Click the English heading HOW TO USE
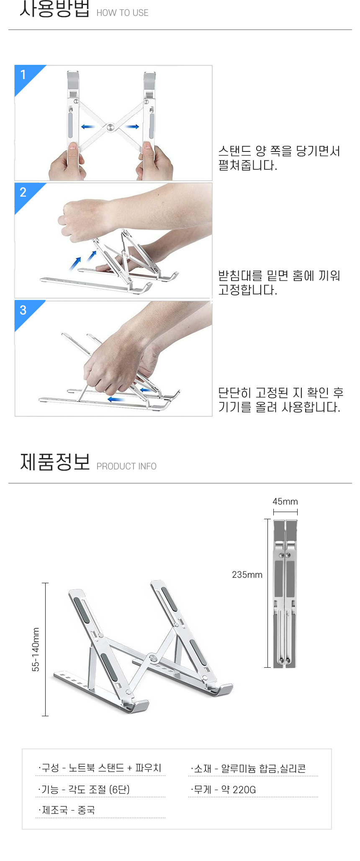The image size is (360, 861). coord(122,13)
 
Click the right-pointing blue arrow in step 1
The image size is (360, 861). coord(132,126)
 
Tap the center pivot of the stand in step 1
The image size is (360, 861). coord(110,127)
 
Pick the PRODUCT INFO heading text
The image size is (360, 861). coord(126,466)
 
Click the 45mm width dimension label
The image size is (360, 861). coord(285,501)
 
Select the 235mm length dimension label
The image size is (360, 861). coord(247,575)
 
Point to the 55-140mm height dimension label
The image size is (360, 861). coord(36,649)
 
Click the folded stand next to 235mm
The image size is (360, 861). coord(285,593)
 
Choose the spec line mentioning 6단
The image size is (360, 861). coord(84,789)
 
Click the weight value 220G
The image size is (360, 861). coord(244,789)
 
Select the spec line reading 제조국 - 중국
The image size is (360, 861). coord(67,810)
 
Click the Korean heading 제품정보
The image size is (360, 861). coord(55,462)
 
